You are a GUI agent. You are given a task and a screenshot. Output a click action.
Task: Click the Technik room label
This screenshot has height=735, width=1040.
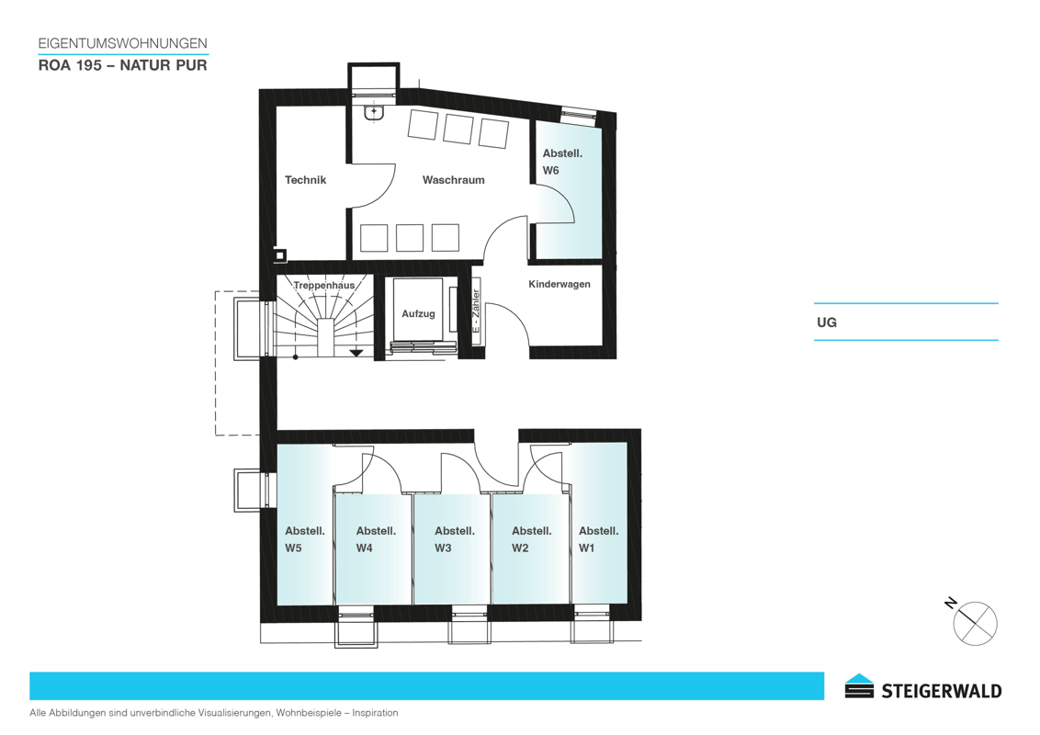click(x=305, y=180)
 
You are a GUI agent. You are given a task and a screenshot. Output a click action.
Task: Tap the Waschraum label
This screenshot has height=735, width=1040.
click(x=453, y=180)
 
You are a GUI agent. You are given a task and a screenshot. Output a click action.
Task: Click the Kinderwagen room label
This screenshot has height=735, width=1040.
click(x=560, y=284)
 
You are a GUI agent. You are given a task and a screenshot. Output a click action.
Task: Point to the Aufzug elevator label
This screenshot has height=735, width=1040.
click(x=418, y=314)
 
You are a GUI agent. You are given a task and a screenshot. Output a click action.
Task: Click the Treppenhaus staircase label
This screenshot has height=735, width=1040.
click(x=323, y=285)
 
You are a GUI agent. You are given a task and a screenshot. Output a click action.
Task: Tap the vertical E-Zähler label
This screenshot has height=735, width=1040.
click(x=476, y=311)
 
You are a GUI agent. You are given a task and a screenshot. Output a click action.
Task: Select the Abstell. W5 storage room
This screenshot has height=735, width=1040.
click(x=304, y=524)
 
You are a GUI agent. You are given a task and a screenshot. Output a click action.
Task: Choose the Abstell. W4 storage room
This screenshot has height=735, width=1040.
click(x=374, y=549)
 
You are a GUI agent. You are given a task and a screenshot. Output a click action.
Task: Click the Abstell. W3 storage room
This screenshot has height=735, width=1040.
click(x=452, y=549)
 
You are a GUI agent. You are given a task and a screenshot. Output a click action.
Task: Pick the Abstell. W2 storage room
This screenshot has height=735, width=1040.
click(x=531, y=549)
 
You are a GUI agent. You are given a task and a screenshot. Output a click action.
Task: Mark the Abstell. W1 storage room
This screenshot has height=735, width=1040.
click(x=599, y=523)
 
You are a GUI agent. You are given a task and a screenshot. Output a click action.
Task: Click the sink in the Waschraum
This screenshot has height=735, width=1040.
click(x=374, y=112)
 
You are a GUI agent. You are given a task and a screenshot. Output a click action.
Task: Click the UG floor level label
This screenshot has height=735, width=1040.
click(x=827, y=322)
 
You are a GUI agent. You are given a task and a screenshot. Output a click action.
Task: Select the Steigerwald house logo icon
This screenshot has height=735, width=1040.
click(x=860, y=686)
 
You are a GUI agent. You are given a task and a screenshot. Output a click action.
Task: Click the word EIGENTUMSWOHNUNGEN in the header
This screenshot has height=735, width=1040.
click(x=123, y=43)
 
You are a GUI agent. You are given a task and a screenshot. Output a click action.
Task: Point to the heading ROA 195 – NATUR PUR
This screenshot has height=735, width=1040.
click(x=123, y=65)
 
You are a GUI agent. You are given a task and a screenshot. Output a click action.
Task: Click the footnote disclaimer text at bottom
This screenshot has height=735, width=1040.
click(x=213, y=713)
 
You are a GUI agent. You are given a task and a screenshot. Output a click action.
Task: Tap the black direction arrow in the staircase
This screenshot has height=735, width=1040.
click(x=356, y=352)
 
